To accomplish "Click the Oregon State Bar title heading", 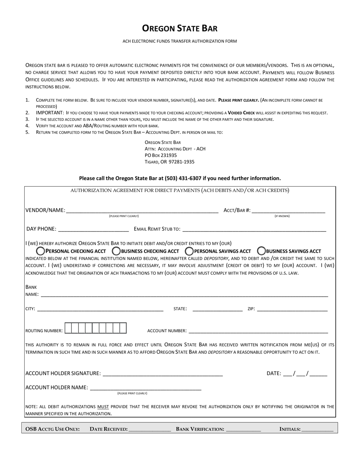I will point(180,28).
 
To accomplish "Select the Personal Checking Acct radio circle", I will point(40,251).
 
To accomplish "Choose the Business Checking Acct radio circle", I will point(116,251).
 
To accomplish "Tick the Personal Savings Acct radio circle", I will point(189,251).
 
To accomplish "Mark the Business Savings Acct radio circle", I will point(261,251).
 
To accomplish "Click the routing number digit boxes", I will point(95,328).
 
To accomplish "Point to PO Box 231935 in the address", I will point(161,155).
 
